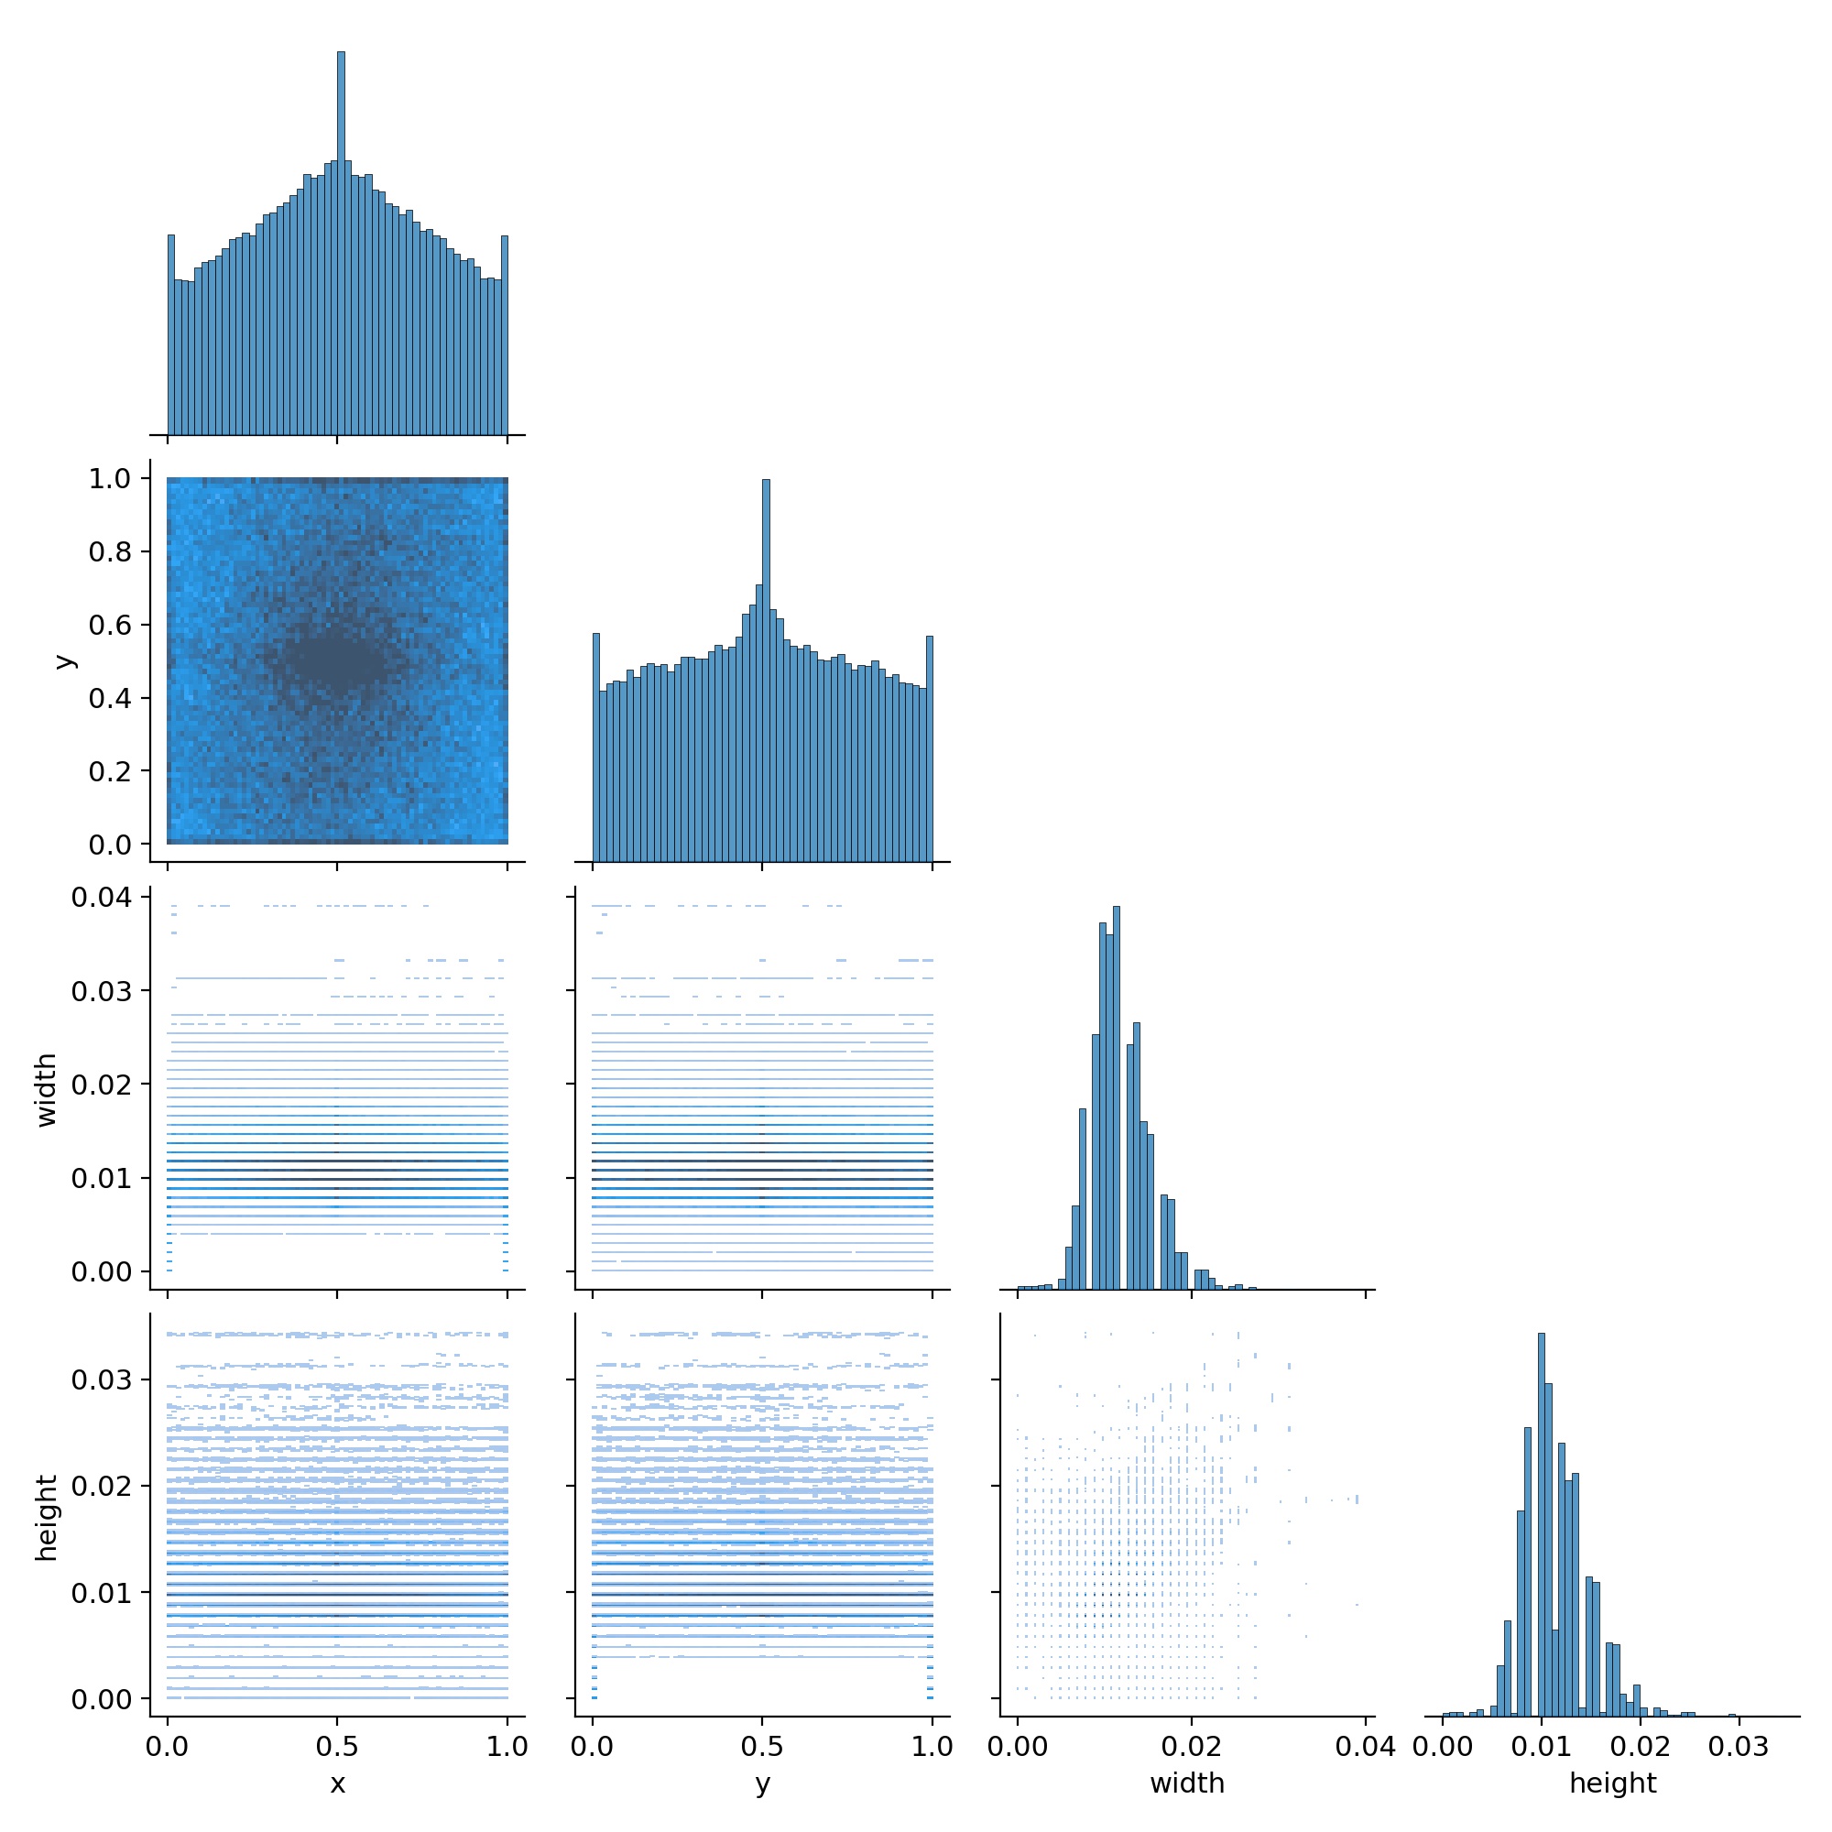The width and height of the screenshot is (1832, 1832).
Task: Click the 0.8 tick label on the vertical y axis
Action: pos(109,551)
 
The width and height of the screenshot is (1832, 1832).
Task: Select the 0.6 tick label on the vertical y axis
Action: pos(109,625)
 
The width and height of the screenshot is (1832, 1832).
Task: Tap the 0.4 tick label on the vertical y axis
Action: pos(109,698)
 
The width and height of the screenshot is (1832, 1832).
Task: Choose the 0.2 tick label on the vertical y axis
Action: pos(109,771)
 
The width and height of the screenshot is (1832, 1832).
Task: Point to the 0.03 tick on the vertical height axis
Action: pos(101,1379)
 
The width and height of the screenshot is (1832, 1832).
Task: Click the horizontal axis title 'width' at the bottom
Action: pos(1187,1783)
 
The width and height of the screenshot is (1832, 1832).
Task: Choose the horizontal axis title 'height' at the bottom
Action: pos(1612,1783)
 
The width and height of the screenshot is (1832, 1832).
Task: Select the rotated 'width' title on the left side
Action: pos(47,1090)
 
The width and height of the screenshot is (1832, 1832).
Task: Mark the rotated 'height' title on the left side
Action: pos(47,1517)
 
